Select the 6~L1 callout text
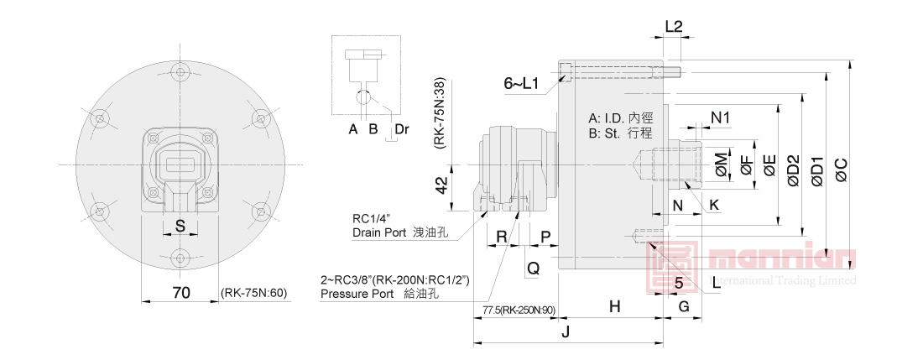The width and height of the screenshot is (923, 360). point(521,83)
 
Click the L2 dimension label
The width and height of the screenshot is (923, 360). point(674,26)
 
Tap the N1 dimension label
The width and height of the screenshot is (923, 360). point(721,117)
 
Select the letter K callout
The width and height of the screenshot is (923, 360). point(714,204)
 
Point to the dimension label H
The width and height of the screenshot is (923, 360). point(615,307)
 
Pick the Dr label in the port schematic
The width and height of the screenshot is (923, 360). point(402,128)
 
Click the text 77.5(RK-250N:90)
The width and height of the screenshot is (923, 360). point(519,310)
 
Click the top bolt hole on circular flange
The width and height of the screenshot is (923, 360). point(177,72)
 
